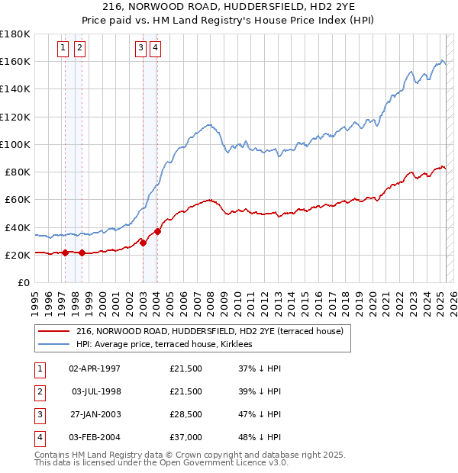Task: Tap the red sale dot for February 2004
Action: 157,231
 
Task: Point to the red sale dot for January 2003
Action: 143,243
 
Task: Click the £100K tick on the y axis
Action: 15,143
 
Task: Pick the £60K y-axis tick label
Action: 18,199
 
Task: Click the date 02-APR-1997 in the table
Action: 95,369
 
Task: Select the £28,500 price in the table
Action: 185,415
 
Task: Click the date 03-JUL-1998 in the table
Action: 95,392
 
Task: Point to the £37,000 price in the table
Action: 185,438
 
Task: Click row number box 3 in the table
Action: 37,415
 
